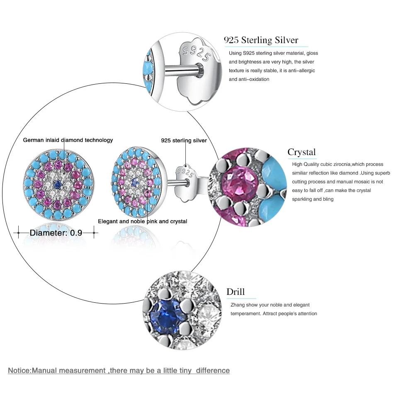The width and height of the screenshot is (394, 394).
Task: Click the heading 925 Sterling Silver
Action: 261,40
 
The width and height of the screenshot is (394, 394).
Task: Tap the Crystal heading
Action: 302,152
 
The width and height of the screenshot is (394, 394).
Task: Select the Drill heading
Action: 236,292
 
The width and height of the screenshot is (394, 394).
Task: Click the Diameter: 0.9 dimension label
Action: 56,233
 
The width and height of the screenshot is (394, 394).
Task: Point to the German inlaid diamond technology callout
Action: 68,140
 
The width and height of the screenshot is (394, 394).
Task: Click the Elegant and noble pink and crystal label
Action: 143,221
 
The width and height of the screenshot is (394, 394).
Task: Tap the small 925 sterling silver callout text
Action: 184,141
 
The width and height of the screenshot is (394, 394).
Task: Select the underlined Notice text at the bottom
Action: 119,370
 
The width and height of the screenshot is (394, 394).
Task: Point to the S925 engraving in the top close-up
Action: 196,54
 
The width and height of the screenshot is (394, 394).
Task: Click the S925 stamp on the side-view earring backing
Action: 185,173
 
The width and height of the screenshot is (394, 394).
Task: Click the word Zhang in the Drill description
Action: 238,305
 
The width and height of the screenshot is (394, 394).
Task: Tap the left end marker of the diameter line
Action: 18,233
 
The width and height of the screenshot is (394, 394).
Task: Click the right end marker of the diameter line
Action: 94,233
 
